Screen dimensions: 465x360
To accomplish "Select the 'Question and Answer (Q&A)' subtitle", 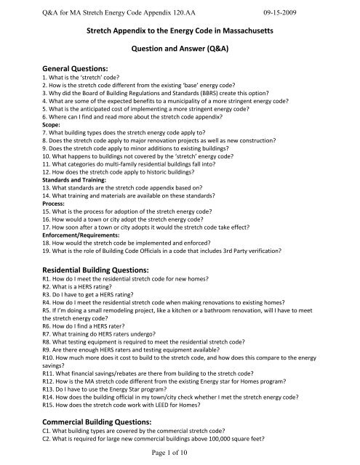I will point(180,64).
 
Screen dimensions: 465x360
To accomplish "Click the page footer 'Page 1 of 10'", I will point(180,454).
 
